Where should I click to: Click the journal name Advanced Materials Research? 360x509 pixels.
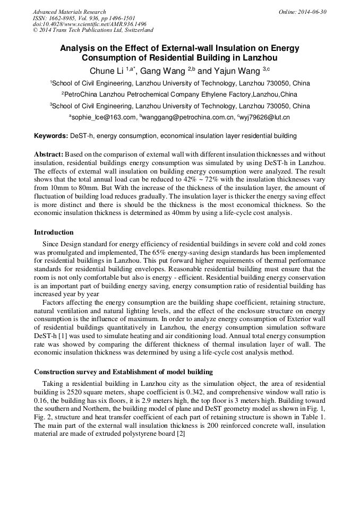coord(70,12)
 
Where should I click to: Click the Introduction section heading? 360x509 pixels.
coord(54,232)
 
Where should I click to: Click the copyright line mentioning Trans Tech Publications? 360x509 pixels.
coord(93,31)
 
